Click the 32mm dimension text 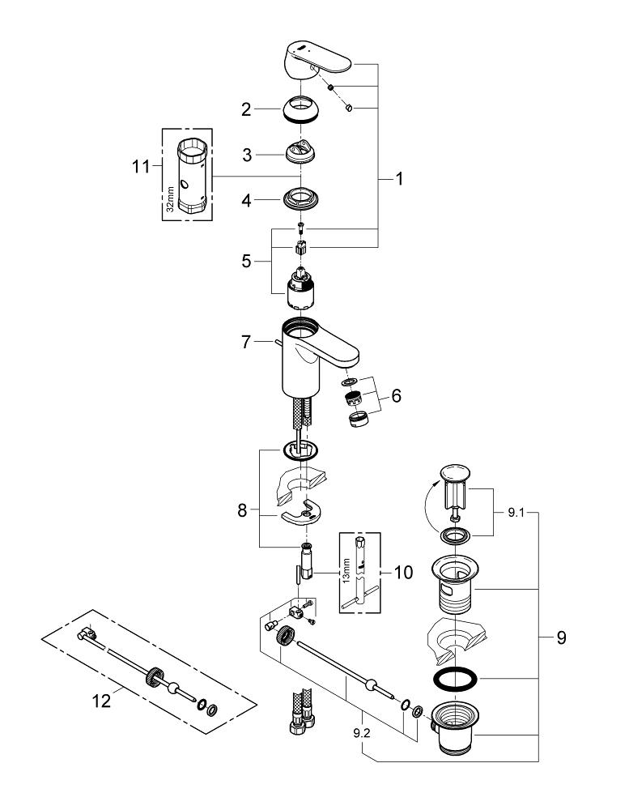click(x=170, y=197)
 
